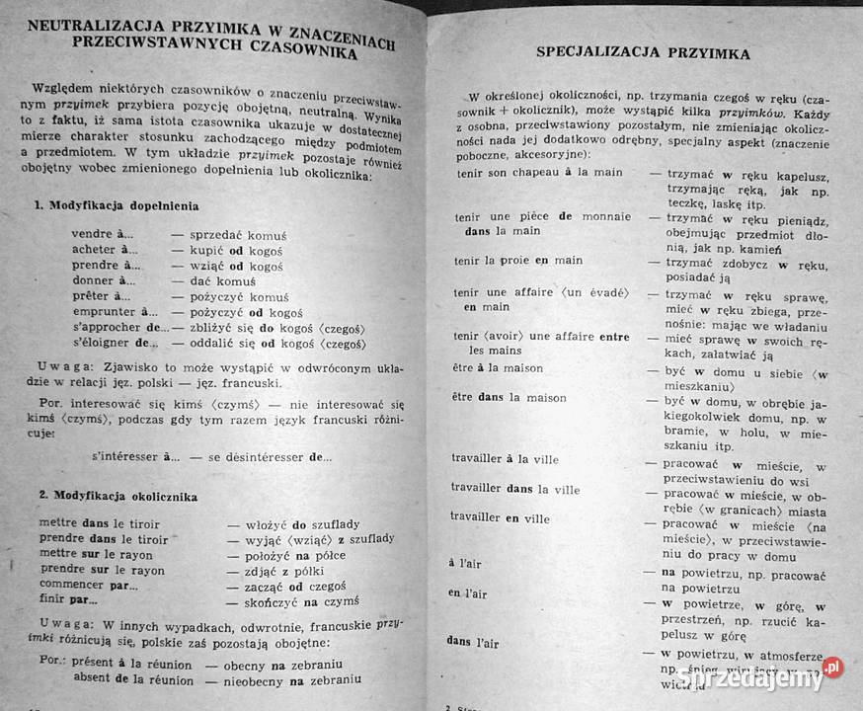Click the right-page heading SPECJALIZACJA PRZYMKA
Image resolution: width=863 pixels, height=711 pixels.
coord(642,51)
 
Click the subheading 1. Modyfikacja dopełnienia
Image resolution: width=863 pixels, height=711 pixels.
coord(117,206)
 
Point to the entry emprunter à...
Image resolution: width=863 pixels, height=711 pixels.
coord(115,312)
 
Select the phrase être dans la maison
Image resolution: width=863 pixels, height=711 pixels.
coord(510,398)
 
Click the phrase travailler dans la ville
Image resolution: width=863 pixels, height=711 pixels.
coord(514,489)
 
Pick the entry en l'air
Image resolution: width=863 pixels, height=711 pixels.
coord(467,592)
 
